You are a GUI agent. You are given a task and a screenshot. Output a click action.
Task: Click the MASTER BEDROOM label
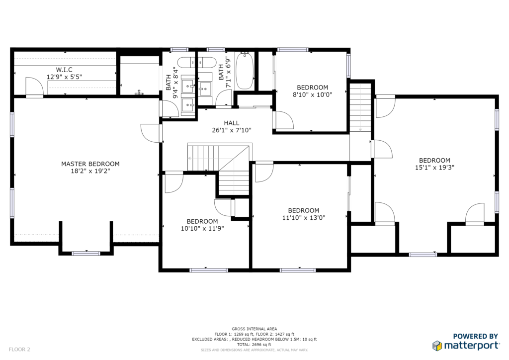[x=90, y=164]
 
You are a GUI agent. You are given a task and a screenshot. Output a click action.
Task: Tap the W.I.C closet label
[x=64, y=70]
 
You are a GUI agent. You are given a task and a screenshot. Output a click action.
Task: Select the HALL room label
[x=232, y=123]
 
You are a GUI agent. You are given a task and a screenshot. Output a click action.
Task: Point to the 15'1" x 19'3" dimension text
[x=434, y=168]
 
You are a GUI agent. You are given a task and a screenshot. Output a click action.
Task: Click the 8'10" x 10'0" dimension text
[x=312, y=95]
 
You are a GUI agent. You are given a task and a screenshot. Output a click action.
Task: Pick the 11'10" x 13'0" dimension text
[x=304, y=218]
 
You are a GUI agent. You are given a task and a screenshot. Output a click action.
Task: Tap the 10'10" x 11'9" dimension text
[x=202, y=229]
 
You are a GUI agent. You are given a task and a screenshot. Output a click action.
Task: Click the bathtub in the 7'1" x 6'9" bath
[x=245, y=71]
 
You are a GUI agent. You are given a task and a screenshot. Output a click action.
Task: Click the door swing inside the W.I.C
[x=34, y=87]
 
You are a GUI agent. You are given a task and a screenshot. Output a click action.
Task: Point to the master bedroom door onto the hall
[x=151, y=133]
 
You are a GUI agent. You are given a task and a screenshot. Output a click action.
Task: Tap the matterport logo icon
[x=437, y=346]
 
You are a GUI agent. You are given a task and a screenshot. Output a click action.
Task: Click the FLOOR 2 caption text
[x=19, y=350]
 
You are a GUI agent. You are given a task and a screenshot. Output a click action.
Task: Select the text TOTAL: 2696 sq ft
[x=254, y=345]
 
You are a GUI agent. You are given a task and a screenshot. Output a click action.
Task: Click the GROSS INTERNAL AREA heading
[x=254, y=329]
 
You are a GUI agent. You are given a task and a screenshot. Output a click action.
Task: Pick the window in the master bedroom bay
[x=86, y=253]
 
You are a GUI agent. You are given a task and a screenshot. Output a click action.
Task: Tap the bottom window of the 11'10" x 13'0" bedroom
[x=298, y=270]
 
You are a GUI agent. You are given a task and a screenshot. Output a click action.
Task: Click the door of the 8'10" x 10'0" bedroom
[x=283, y=120]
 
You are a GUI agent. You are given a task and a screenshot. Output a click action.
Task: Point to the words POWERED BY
[x=475, y=336]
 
